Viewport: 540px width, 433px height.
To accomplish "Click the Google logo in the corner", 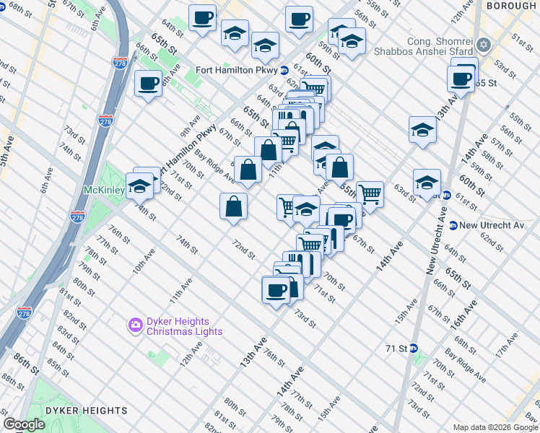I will (25, 424).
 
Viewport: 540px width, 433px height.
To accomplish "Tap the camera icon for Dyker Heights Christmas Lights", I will (135, 326).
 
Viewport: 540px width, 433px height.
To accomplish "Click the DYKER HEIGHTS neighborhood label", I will (86, 411).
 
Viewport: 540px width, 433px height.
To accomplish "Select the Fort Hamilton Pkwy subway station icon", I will (285, 71).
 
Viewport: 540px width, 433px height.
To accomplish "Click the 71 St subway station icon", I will (414, 348).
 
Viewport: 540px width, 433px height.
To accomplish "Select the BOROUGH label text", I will (511, 6).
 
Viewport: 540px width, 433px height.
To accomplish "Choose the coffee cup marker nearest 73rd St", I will (275, 290).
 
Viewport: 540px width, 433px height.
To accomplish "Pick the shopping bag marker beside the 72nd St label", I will (234, 206).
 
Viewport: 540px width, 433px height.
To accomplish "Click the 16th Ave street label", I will (466, 314).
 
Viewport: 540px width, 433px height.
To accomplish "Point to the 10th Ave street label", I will (143, 263).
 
